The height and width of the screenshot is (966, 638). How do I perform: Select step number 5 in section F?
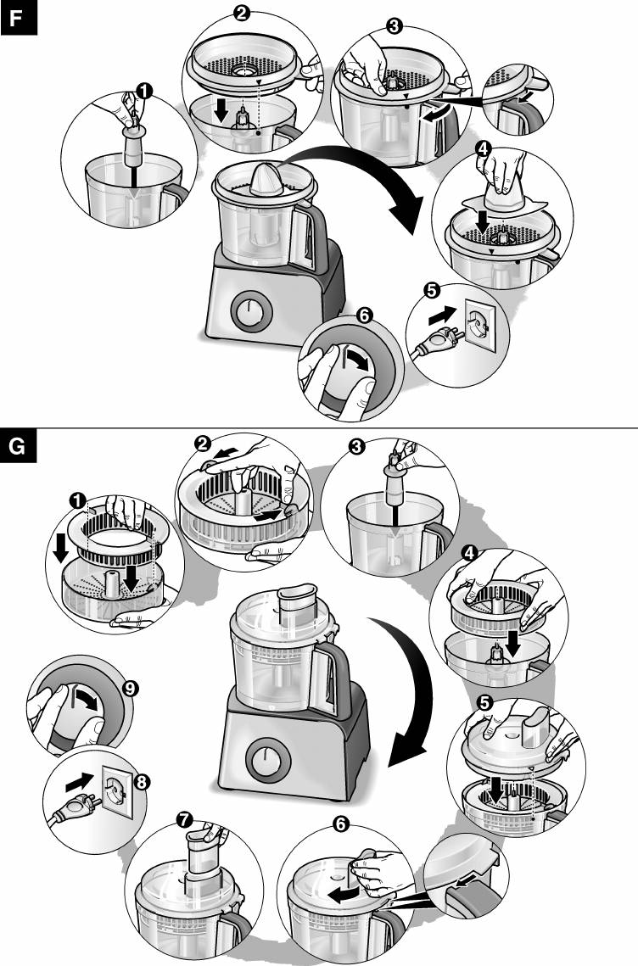pyautogui.click(x=430, y=291)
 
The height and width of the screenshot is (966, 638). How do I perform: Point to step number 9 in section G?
pyautogui.click(x=130, y=689)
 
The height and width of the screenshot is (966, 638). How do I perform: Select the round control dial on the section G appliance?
pyautogui.click(x=264, y=757)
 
